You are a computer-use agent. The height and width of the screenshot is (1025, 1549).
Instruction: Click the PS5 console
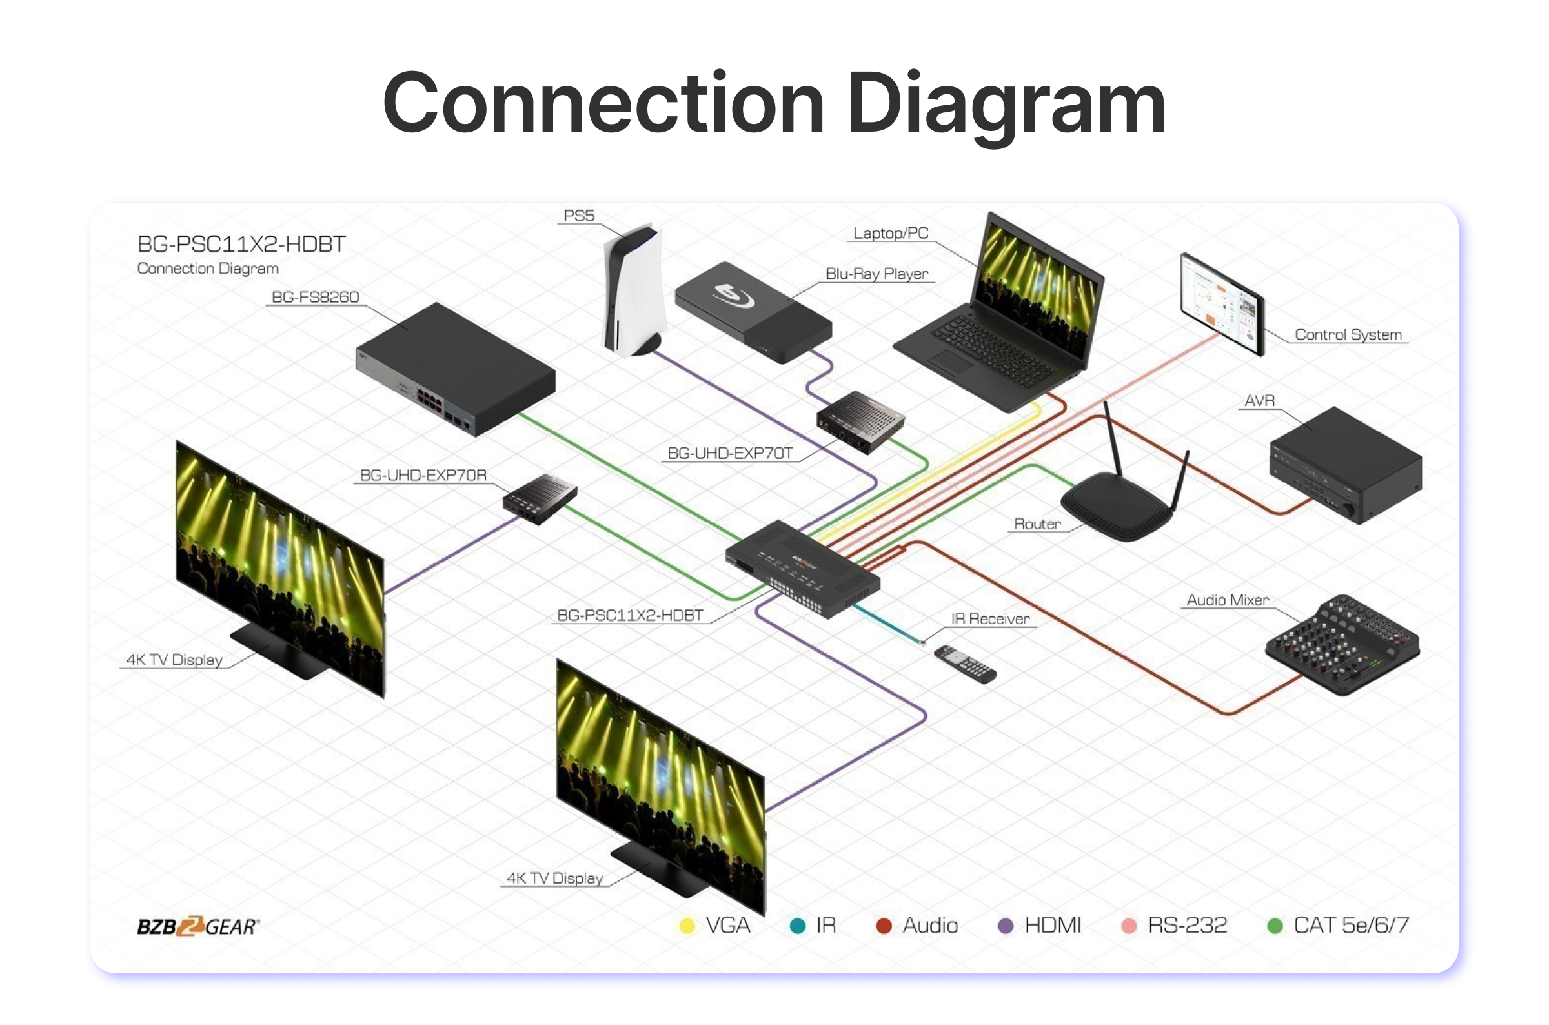(633, 291)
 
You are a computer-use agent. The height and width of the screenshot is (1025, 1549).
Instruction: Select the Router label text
(1037, 523)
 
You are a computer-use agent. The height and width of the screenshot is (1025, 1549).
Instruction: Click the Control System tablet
(1222, 304)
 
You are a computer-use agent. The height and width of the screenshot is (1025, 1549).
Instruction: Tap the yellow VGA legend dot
(687, 926)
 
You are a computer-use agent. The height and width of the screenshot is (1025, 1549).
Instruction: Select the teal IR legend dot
(797, 926)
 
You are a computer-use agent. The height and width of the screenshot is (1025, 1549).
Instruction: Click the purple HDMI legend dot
(1006, 926)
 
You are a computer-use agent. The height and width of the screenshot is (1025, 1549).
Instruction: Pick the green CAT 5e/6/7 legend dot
(1275, 926)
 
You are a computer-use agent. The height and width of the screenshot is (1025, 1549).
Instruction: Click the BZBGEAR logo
(198, 926)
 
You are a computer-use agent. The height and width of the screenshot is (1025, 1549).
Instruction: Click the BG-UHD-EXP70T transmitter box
(860, 421)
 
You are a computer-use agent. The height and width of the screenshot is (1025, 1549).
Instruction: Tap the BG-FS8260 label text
(315, 298)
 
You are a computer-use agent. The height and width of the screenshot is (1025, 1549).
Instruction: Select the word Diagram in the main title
(1006, 105)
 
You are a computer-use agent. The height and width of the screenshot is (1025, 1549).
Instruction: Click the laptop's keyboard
(993, 346)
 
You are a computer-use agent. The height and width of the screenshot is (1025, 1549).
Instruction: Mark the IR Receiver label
(989, 619)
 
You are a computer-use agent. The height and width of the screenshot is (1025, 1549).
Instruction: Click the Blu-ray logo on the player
(732, 295)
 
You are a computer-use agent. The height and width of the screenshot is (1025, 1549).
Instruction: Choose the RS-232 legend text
(1187, 926)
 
